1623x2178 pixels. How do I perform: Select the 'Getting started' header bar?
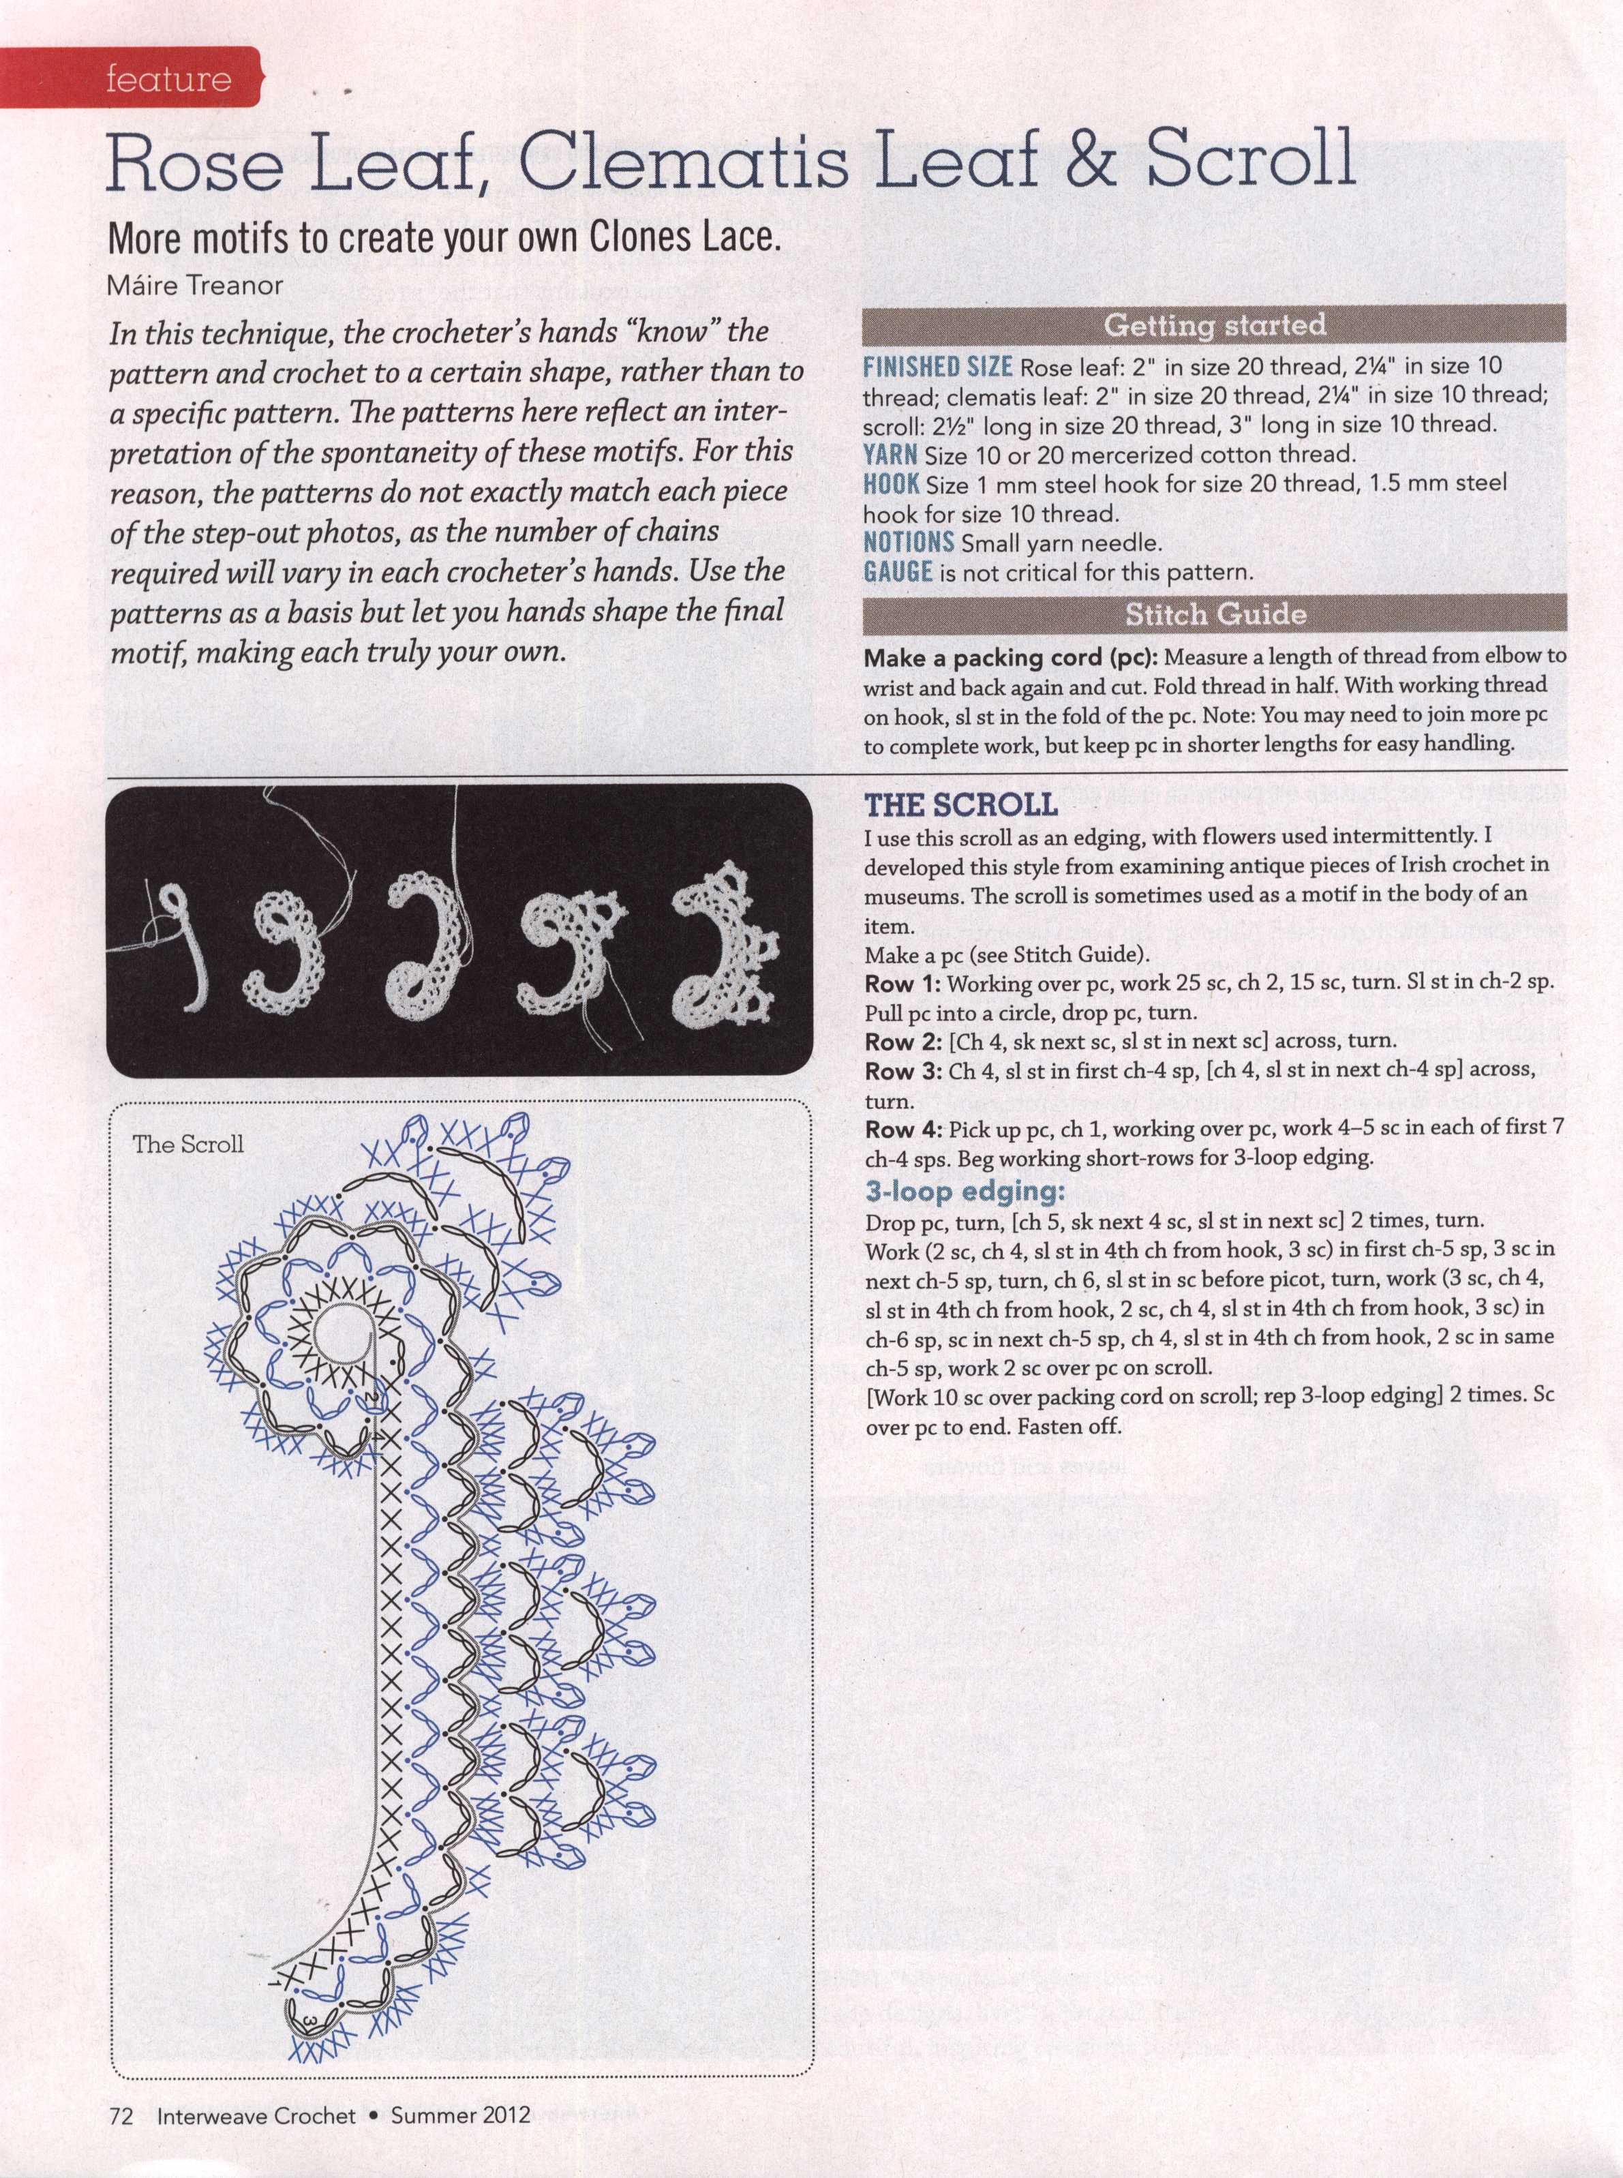click(1213, 324)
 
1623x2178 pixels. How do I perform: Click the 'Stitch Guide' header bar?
click(1213, 614)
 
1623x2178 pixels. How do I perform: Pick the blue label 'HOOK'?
click(891, 483)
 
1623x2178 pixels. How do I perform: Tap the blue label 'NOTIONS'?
click(908, 543)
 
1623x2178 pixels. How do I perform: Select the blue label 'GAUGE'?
click(897, 572)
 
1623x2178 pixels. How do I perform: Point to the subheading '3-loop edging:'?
click(965, 1192)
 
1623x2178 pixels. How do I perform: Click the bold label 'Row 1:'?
click(903, 984)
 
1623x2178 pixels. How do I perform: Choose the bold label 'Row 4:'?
click(903, 1129)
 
